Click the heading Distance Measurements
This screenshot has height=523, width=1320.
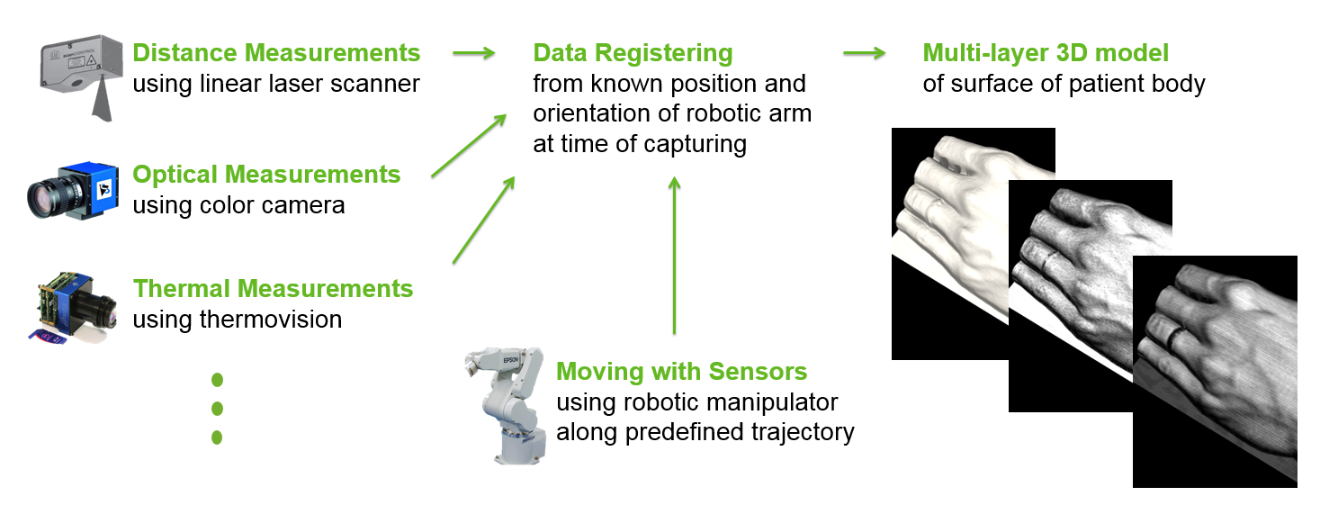tap(276, 53)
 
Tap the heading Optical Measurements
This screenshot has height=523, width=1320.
tap(266, 175)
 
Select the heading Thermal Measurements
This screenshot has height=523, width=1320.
tap(273, 289)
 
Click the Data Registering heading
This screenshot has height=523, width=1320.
tap(633, 54)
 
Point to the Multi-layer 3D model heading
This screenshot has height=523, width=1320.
tap(1046, 53)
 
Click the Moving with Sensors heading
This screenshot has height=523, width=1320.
tap(682, 372)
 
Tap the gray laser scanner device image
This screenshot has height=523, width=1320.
tap(81, 77)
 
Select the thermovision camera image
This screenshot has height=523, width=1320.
tap(72, 308)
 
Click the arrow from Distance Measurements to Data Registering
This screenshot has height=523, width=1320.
tap(474, 53)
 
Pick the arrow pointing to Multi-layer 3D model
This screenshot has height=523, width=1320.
tap(865, 53)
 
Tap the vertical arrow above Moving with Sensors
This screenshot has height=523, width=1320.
tap(675, 256)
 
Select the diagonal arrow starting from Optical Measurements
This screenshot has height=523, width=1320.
tap(469, 145)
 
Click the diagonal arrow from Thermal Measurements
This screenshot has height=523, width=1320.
tap(484, 220)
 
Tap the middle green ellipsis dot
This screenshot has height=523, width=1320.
tap(217, 408)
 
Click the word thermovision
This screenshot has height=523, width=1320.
tap(271, 320)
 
